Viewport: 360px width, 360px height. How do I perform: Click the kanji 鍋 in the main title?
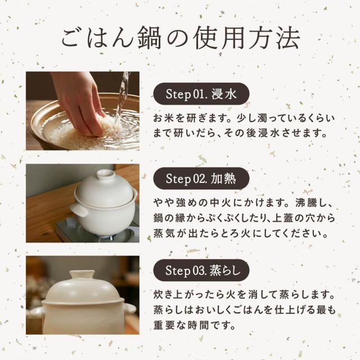[150, 38]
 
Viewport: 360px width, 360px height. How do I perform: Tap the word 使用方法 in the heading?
[246, 38]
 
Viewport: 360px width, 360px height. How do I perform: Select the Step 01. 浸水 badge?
[201, 94]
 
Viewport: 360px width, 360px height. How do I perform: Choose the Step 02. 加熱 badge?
[201, 178]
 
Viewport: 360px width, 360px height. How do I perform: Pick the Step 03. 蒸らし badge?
[201, 270]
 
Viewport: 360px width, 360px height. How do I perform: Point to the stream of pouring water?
[121, 96]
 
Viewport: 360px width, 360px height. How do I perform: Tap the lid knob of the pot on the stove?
[106, 174]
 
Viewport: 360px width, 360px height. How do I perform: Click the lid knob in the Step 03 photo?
[82, 275]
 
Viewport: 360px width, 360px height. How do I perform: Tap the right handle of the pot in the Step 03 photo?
[130, 308]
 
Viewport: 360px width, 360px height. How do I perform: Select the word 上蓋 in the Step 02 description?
[282, 218]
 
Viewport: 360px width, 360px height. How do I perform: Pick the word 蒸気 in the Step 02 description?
[163, 234]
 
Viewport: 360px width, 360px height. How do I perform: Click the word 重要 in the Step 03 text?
[163, 325]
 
